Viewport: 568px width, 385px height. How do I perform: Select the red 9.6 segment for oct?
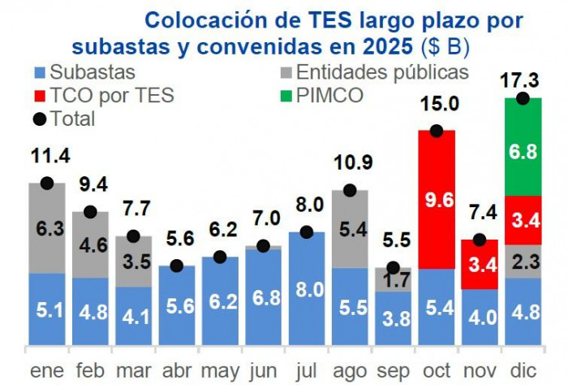coord(437,199)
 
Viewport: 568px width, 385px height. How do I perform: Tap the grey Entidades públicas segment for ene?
coord(47,228)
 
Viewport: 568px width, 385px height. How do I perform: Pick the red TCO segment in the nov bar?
coord(480,264)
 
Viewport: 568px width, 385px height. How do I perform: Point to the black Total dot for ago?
coord(350,190)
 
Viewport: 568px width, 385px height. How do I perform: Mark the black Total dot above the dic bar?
coord(523,98)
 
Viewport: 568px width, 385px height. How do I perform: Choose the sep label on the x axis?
coord(394,370)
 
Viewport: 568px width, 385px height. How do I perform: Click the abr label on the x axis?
coord(176,370)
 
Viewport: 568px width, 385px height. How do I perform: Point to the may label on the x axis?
coord(220,370)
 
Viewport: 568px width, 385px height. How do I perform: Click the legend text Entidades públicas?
coord(382,72)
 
